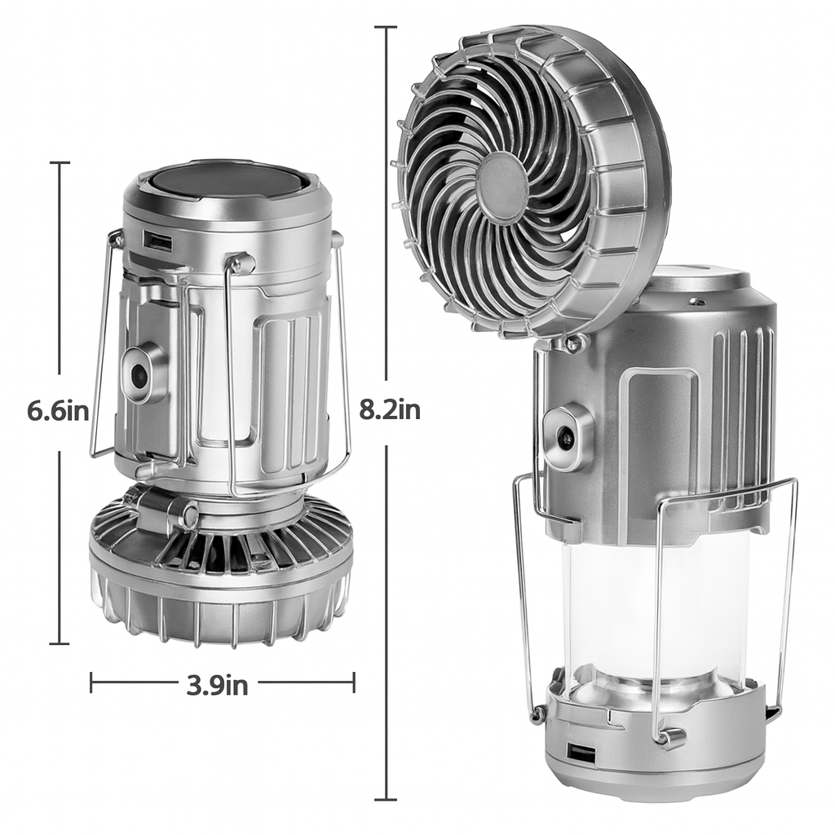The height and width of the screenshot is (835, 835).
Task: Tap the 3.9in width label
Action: (217, 685)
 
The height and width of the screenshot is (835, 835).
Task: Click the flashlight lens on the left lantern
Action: (139, 374)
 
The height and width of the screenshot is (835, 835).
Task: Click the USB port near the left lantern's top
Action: (159, 241)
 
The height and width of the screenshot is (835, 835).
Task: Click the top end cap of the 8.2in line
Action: (386, 27)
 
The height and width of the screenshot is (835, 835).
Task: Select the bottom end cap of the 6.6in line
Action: (60, 643)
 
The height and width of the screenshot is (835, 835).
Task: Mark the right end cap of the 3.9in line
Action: (354, 683)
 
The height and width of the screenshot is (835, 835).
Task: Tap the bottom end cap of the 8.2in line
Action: (386, 799)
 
